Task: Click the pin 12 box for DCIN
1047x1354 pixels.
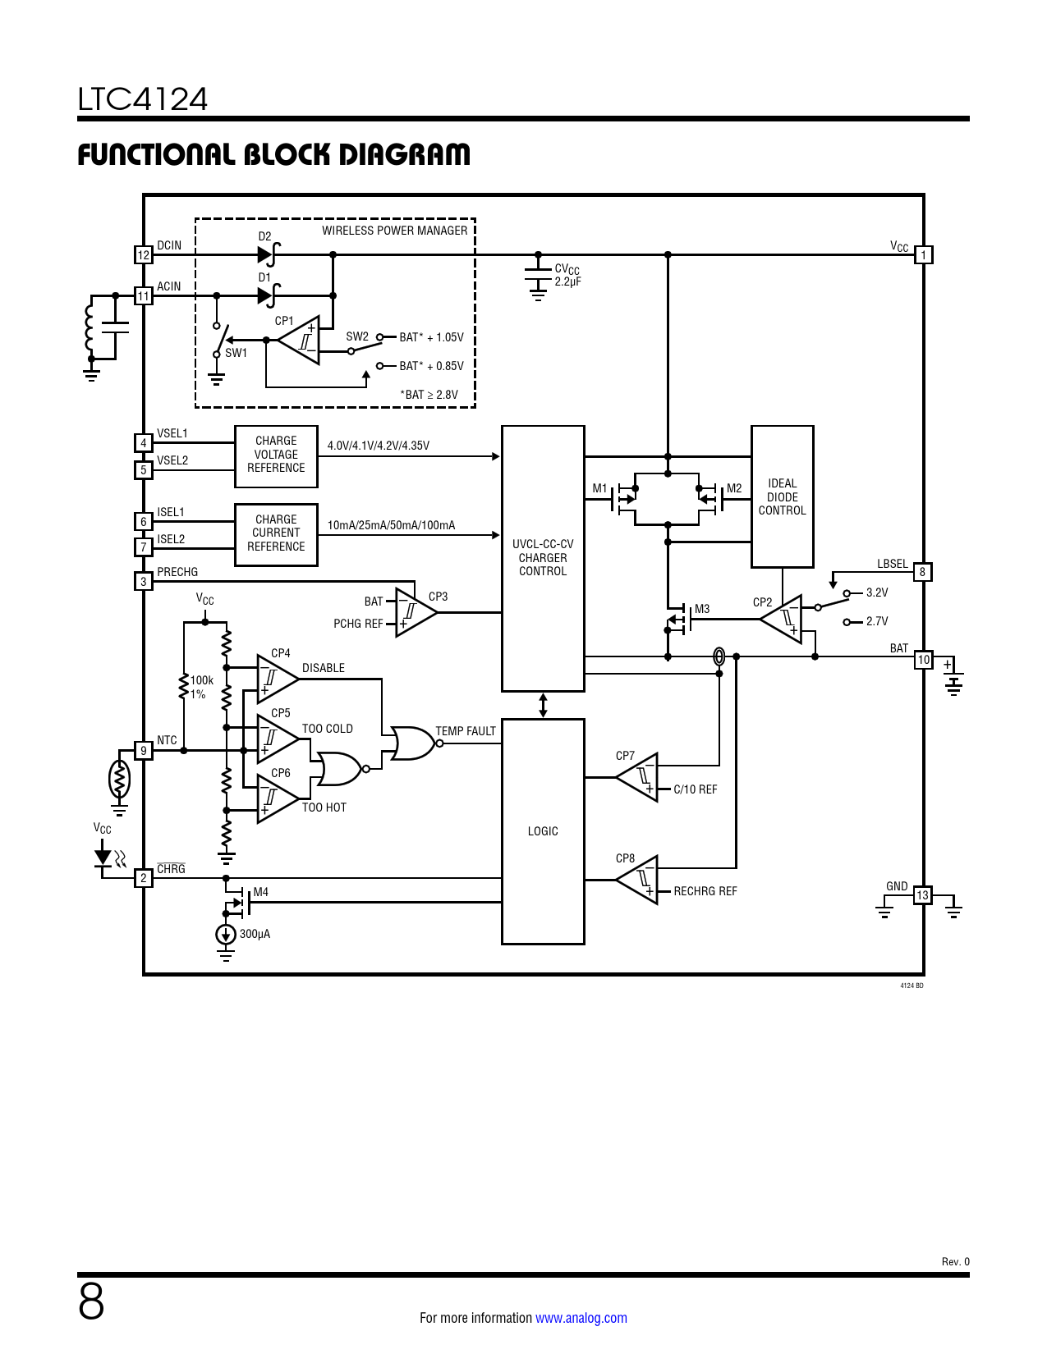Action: pyautogui.click(x=144, y=255)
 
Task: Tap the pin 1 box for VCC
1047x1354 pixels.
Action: pyautogui.click(x=923, y=255)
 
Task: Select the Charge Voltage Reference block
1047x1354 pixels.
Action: pyautogui.click(x=276, y=455)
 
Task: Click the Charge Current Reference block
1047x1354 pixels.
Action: pyautogui.click(x=276, y=534)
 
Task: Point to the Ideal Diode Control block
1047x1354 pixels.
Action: pyautogui.click(x=782, y=496)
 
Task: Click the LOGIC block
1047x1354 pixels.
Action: pyautogui.click(x=543, y=831)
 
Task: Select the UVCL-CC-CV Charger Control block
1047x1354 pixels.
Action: pyautogui.click(x=543, y=558)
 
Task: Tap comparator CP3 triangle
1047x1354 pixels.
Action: pyautogui.click(x=413, y=612)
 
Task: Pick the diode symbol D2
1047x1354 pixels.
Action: pyautogui.click(x=268, y=255)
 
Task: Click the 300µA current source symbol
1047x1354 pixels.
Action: pyautogui.click(x=226, y=935)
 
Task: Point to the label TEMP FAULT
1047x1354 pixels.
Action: pyautogui.click(x=466, y=731)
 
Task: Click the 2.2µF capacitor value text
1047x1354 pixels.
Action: pyautogui.click(x=567, y=281)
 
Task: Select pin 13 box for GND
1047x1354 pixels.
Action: pyautogui.click(x=923, y=895)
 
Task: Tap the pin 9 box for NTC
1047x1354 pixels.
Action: pyautogui.click(x=144, y=750)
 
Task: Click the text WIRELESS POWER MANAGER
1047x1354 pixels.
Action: pyautogui.click(x=394, y=231)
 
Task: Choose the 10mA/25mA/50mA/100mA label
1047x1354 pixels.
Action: pyautogui.click(x=391, y=525)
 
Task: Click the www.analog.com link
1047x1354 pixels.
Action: pyautogui.click(x=581, y=1318)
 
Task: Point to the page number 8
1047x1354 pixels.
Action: pyautogui.click(x=91, y=1301)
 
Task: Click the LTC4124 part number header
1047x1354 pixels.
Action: pyautogui.click(x=143, y=99)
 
